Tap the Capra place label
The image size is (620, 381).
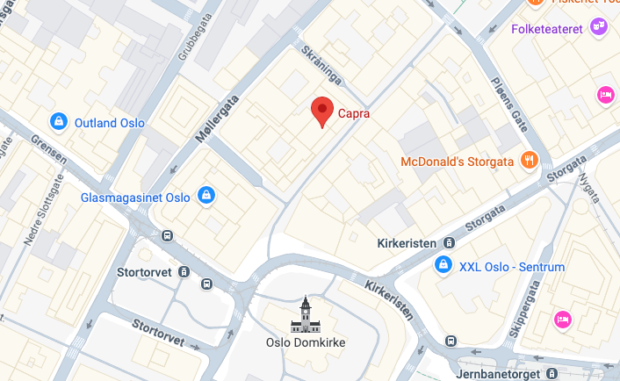355,113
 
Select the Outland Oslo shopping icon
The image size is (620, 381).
58,121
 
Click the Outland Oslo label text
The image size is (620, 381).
110,122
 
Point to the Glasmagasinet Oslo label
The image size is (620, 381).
135,197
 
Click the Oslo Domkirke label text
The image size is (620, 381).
306,342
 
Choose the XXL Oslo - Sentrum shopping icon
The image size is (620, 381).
443,265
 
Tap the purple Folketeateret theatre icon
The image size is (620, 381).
600,26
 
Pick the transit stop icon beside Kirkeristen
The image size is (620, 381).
450,242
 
